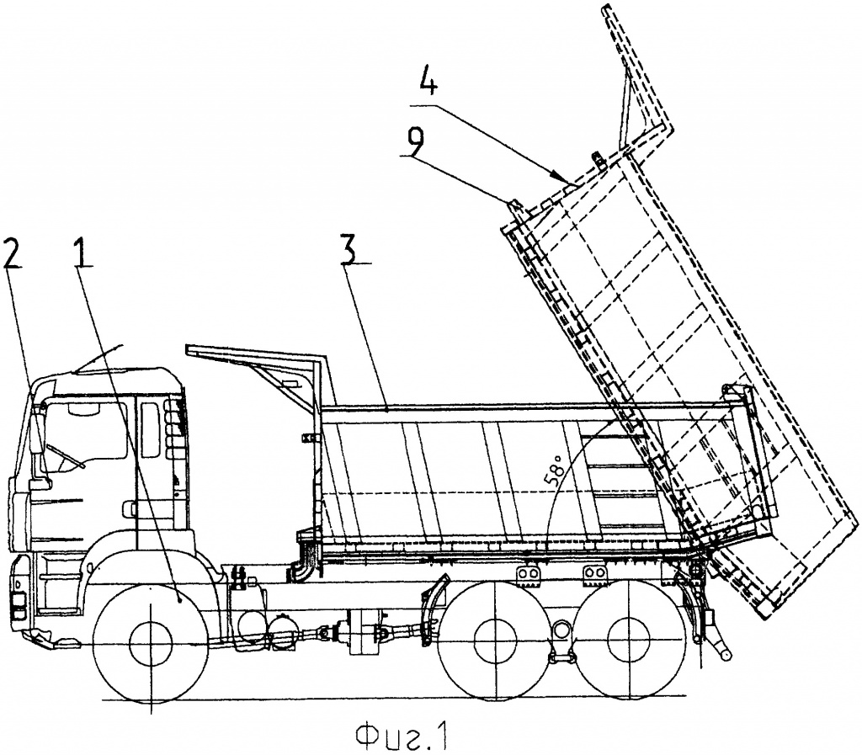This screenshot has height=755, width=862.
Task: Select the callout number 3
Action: pyautogui.click(x=350, y=248)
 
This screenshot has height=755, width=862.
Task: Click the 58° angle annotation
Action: pyautogui.click(x=556, y=469)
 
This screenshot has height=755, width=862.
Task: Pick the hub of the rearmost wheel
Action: pyautogui.click(x=627, y=641)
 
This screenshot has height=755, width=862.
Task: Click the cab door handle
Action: pyautogui.click(x=129, y=507)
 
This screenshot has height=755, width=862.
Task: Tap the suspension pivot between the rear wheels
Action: pyautogui.click(x=561, y=630)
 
